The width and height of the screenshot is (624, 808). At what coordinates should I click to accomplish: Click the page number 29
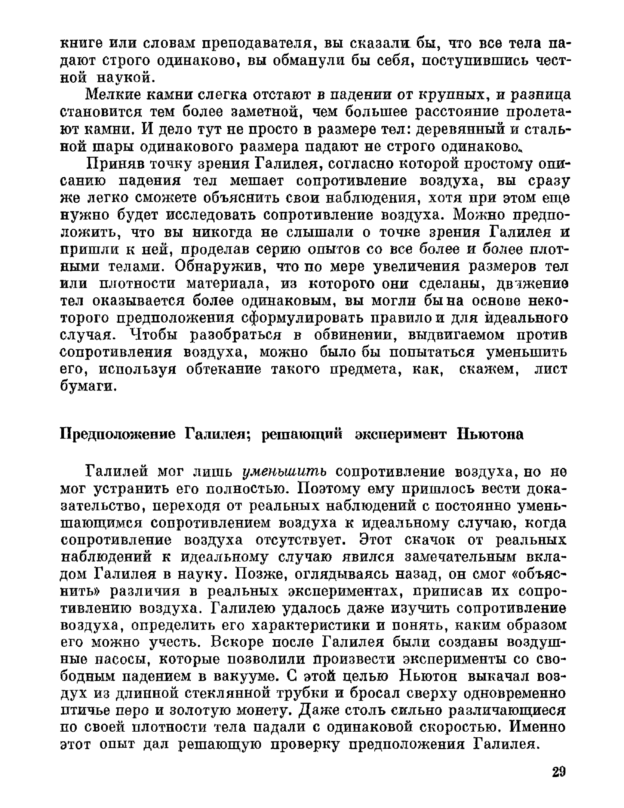coord(559,772)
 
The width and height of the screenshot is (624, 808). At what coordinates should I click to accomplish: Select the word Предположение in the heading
coord(118,434)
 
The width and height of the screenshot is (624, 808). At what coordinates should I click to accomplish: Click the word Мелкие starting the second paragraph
coord(112,95)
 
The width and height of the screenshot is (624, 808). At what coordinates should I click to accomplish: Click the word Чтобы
coord(154,335)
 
